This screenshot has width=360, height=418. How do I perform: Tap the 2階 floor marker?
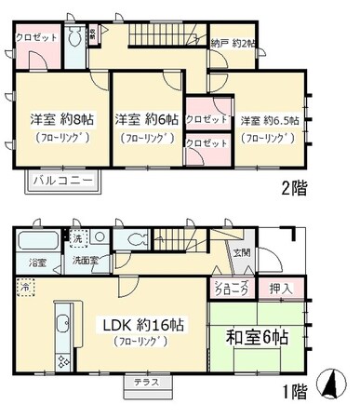(295, 187)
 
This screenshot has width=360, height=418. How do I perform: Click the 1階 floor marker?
(293, 391)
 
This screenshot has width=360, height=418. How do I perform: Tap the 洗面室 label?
(88, 262)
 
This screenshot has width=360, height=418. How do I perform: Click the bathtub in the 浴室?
(36, 244)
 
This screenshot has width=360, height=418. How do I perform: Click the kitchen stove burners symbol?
(63, 359)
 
